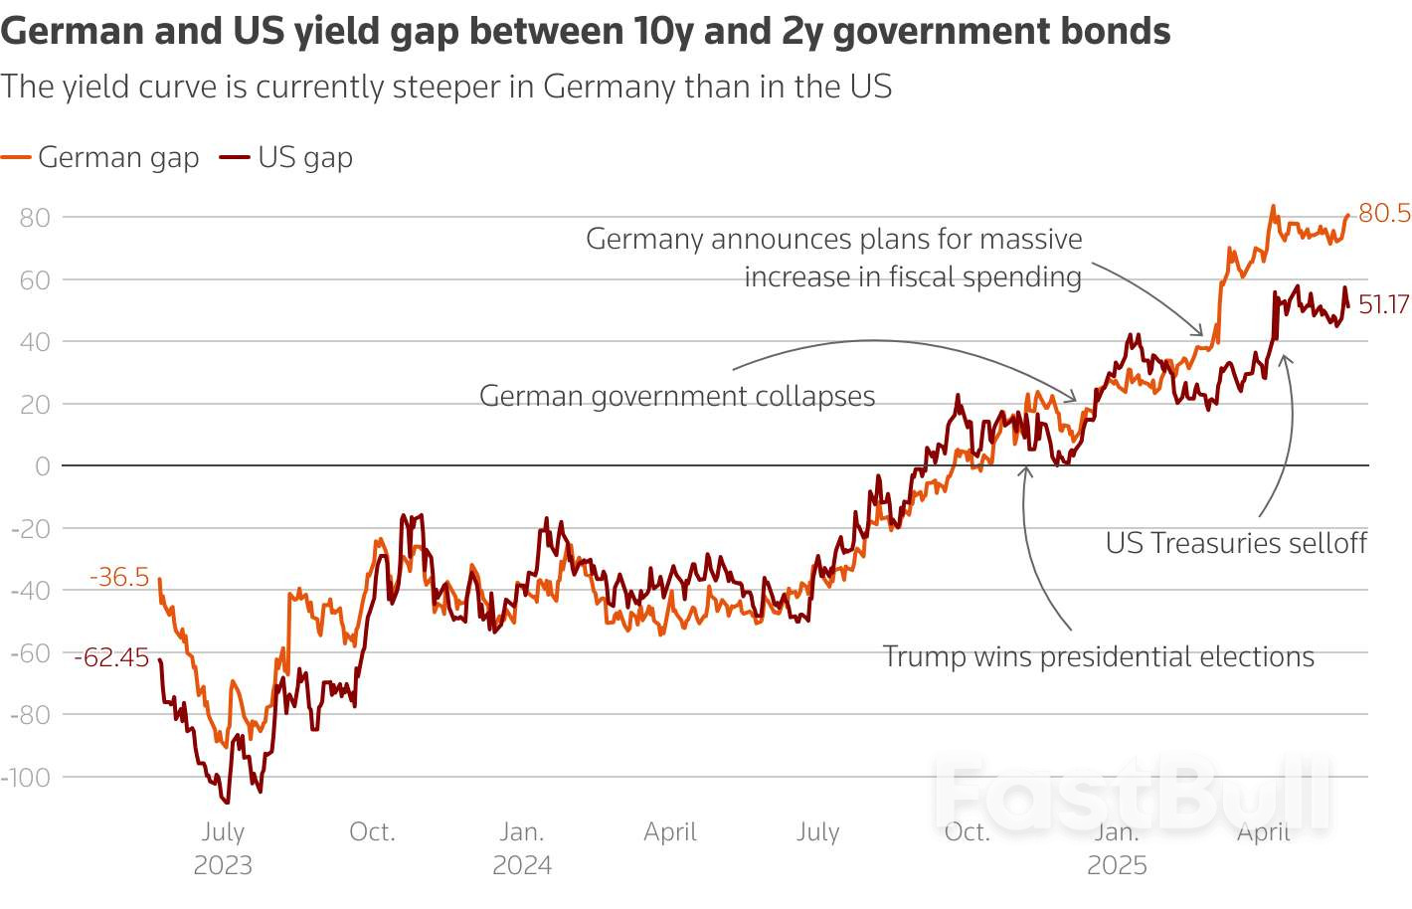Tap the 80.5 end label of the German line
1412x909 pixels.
pyautogui.click(x=1383, y=213)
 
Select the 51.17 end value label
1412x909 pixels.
pyautogui.click(x=1383, y=304)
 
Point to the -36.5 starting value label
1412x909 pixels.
pyautogui.click(x=119, y=577)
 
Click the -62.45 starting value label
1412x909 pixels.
pyautogui.click(x=111, y=657)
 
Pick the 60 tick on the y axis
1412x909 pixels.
pyautogui.click(x=34, y=279)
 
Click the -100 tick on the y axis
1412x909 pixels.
pyautogui.click(x=26, y=777)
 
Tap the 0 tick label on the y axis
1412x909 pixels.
pyautogui.click(x=42, y=466)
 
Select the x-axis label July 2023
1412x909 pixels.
pyautogui.click(x=223, y=847)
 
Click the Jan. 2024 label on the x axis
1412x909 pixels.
pyautogui.click(x=522, y=847)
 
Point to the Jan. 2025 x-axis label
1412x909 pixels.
pyautogui.click(x=1117, y=847)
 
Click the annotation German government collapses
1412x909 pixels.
pyautogui.click(x=677, y=396)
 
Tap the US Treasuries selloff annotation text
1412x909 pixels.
pyautogui.click(x=1236, y=543)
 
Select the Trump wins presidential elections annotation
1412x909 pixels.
pyautogui.click(x=1098, y=656)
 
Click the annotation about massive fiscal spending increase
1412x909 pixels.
pyautogui.click(x=833, y=258)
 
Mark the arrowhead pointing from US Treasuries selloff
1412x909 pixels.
pyautogui.click(x=1285, y=357)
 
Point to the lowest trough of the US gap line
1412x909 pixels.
pyautogui.click(x=227, y=802)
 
